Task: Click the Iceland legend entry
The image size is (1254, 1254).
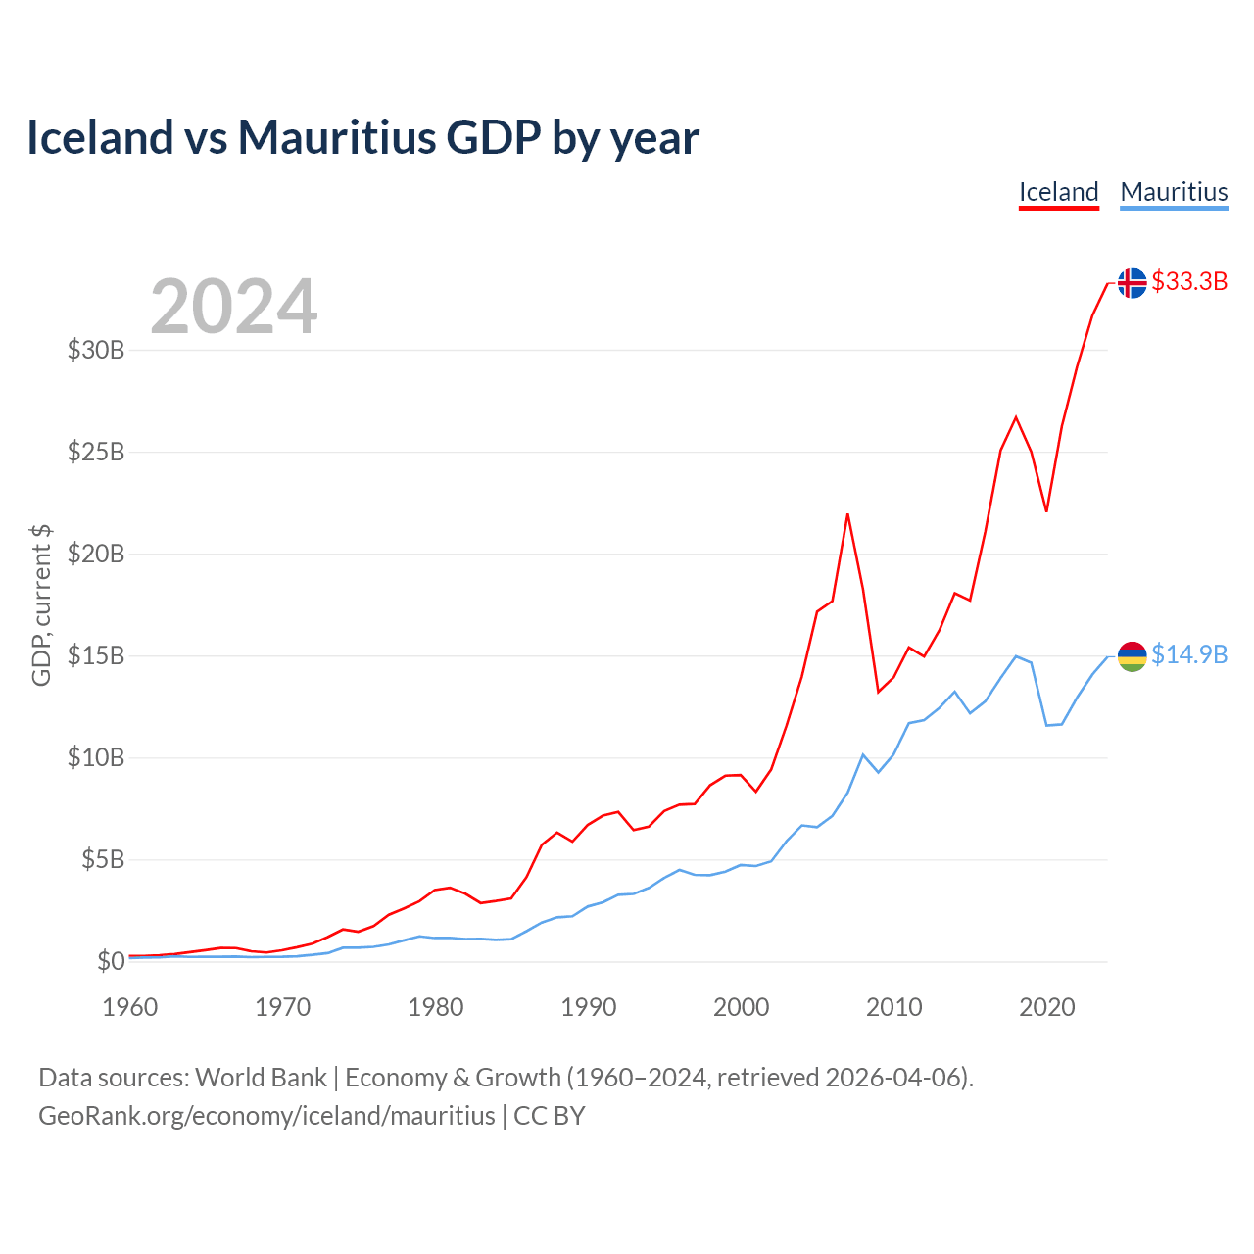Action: coord(1058,192)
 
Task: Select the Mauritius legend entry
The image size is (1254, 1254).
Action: coord(1174,192)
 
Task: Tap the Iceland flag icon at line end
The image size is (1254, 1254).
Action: coord(1132,282)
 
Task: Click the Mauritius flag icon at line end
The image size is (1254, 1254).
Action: coord(1132,655)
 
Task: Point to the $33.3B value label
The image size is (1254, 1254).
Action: coord(1189,282)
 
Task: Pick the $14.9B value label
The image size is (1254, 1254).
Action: coord(1189,654)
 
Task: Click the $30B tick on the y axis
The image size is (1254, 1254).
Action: coord(96,350)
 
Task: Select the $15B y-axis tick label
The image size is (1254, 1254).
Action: coord(96,655)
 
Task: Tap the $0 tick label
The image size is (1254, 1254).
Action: coord(111,961)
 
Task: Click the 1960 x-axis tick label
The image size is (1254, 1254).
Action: coord(130,1007)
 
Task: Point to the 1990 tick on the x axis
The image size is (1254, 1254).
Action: coord(589,1007)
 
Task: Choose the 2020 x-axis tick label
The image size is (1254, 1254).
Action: coord(1047,1007)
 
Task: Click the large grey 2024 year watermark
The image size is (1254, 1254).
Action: coord(233,307)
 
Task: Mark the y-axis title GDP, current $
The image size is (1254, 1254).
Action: coord(41,604)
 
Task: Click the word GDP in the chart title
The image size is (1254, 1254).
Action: coord(494,137)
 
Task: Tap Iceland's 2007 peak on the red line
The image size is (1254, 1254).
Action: coord(847,514)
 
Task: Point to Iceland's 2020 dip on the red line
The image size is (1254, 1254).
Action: coord(1046,511)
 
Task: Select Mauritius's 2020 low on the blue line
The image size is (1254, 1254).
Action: coord(1046,725)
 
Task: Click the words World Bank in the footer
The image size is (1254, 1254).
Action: coord(261,1078)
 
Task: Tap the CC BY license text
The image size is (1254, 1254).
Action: coord(550,1116)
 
